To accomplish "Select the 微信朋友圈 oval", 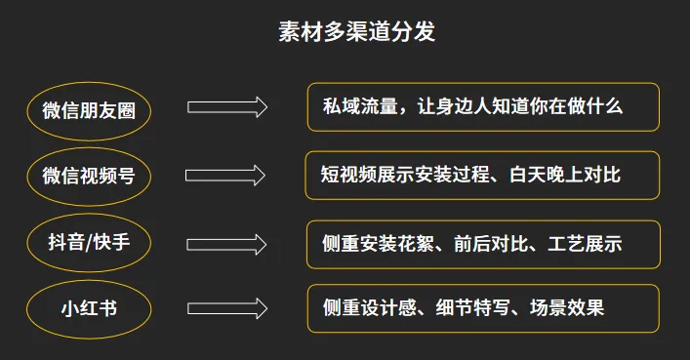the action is click(x=89, y=109).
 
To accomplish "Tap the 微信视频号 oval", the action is click(x=89, y=176).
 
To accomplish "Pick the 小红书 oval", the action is click(x=89, y=308).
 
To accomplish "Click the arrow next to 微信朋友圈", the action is click(x=226, y=107).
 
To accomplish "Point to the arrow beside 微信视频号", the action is click(x=226, y=176).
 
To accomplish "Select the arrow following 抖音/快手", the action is click(x=226, y=243).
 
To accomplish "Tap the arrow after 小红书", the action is click(x=226, y=308).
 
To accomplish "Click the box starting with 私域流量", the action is click(x=483, y=107).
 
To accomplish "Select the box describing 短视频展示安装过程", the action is click(x=483, y=175).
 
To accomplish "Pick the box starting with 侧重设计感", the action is click(x=483, y=308).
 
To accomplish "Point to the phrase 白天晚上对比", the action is click(x=564, y=175).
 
